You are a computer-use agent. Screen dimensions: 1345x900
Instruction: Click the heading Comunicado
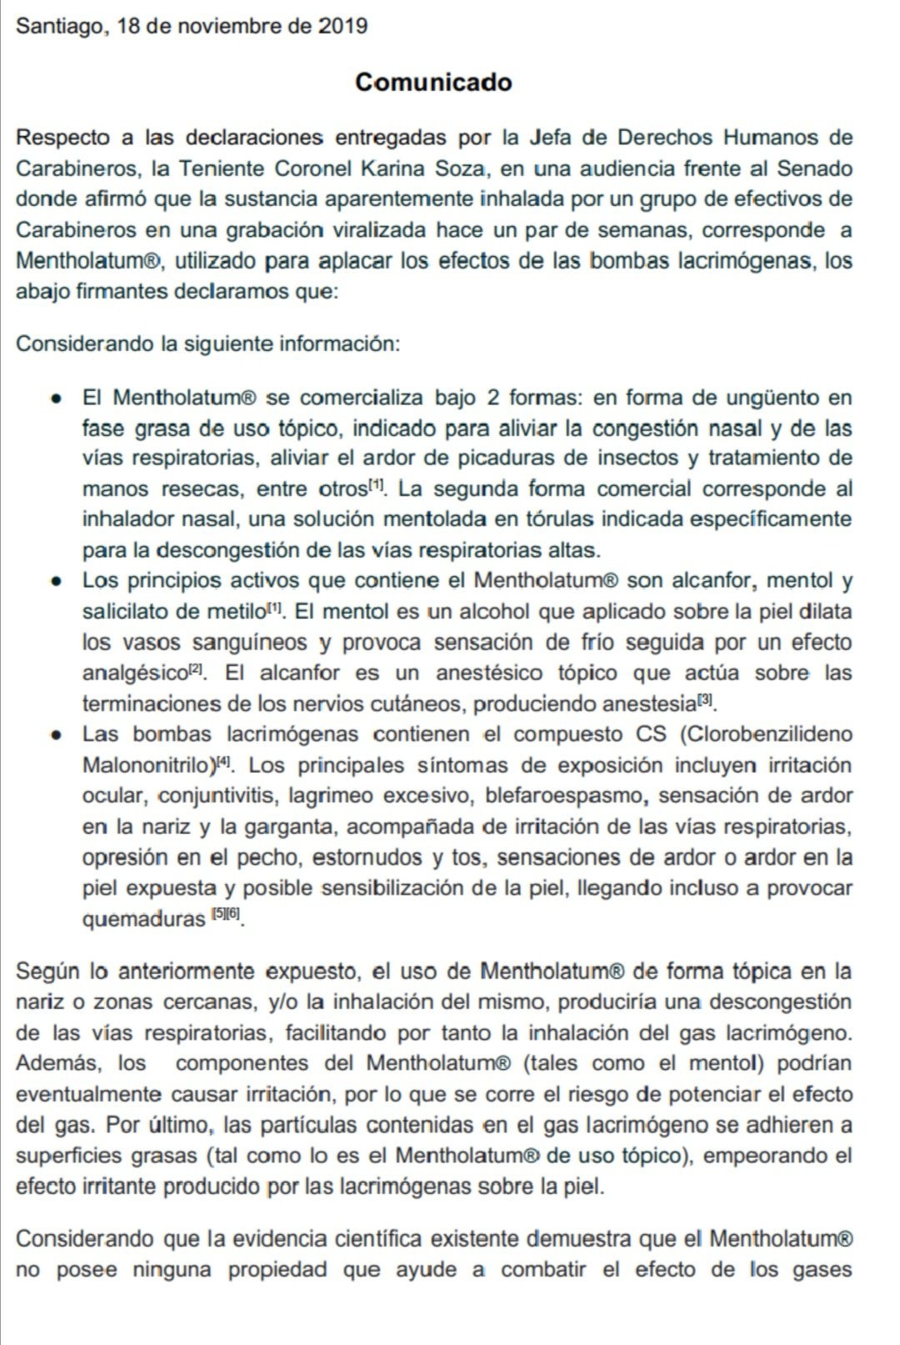[x=433, y=82]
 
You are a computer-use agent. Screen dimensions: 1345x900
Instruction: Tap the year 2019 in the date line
[x=342, y=26]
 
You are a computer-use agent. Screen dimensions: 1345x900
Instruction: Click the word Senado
[x=814, y=168]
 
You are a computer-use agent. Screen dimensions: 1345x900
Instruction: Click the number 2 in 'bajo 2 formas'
[x=492, y=398]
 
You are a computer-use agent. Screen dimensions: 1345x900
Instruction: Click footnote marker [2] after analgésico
[x=197, y=669]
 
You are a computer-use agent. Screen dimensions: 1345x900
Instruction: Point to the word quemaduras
[x=143, y=919]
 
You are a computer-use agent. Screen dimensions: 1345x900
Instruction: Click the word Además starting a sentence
[x=56, y=1063]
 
